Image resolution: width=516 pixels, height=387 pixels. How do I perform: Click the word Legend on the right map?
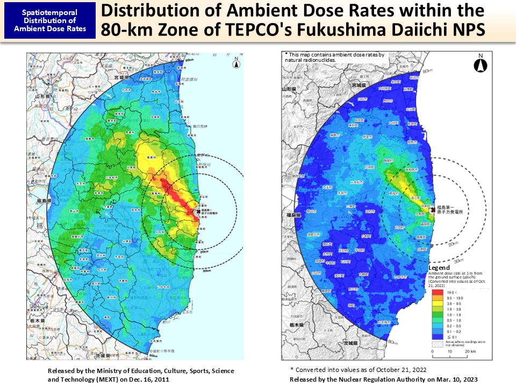(x=439, y=268)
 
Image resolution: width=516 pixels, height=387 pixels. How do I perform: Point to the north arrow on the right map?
(x=481, y=63)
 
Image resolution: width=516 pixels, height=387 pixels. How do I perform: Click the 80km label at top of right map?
(x=427, y=70)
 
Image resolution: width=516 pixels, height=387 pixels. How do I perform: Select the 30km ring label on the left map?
(x=207, y=271)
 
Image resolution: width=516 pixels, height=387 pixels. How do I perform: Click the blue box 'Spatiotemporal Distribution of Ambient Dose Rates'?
(x=50, y=20)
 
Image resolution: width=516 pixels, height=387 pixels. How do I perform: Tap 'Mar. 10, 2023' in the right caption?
(x=451, y=379)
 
